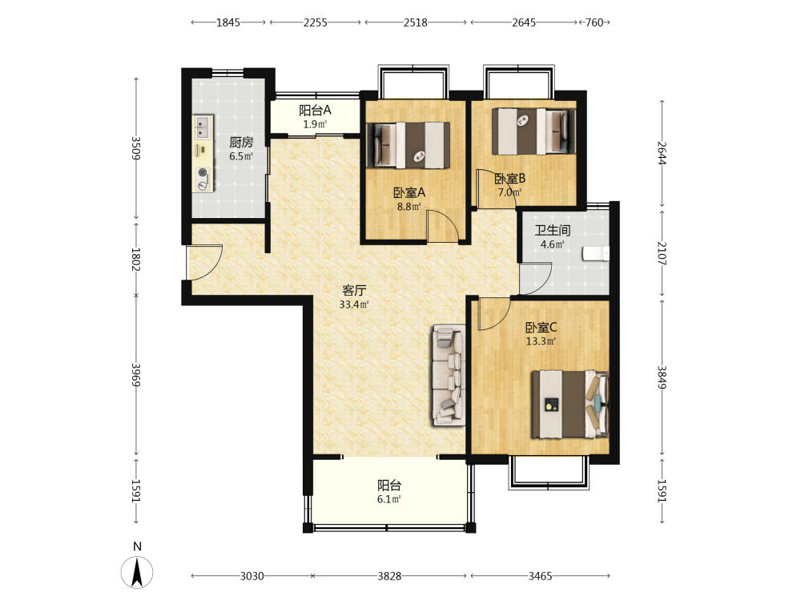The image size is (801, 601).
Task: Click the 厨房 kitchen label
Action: [241, 142]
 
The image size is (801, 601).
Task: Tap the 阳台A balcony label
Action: [315, 110]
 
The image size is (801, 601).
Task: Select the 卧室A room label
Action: [409, 192]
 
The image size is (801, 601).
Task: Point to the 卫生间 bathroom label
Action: [552, 231]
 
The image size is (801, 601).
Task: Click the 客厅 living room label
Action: [354, 290]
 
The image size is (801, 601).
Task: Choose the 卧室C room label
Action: [541, 327]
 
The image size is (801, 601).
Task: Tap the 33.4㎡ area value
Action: [354, 305]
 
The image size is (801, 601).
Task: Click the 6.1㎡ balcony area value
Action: [388, 499]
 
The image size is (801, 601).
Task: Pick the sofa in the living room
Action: [449, 375]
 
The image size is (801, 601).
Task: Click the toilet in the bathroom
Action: [596, 253]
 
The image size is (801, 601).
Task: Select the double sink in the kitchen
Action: [203, 127]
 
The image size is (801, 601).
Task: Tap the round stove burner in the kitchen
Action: [203, 173]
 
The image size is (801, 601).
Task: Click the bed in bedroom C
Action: [570, 404]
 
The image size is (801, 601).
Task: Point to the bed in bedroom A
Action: [409, 145]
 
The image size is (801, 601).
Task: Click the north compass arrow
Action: [137, 572]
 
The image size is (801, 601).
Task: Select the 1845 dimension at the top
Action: [227, 22]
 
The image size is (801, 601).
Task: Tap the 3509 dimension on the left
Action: [136, 148]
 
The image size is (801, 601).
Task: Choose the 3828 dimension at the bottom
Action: [389, 576]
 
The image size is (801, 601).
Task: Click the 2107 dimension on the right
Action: [662, 253]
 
